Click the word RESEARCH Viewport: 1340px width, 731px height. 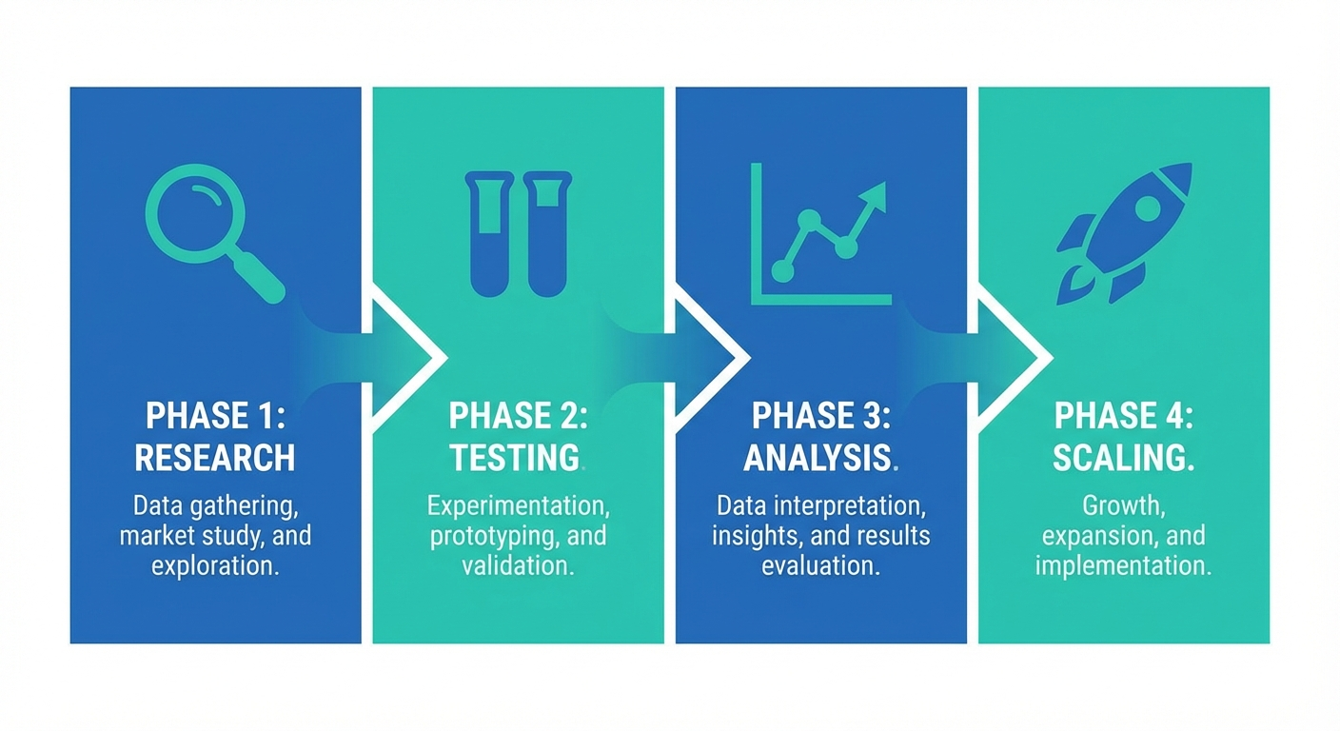214,458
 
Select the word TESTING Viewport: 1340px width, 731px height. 515,458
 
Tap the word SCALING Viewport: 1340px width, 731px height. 1122,458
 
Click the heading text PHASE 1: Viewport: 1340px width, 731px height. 214,416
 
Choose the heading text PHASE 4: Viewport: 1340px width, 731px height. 1124,416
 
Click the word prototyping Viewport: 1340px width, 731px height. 484,535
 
